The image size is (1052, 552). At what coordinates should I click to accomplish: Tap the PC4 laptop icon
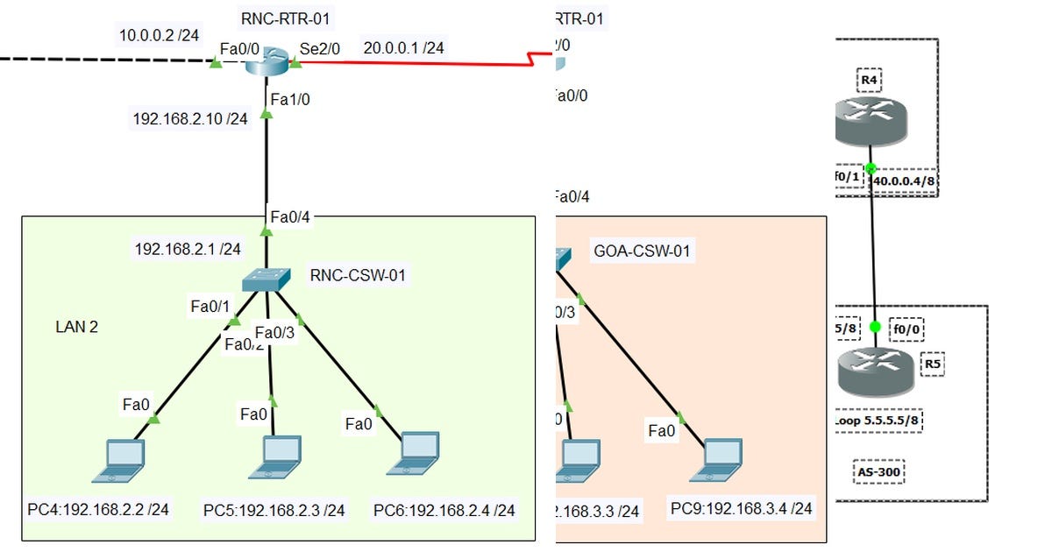(120, 461)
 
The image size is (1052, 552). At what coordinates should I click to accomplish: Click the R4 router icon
(870, 121)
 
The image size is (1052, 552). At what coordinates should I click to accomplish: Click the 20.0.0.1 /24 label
(403, 48)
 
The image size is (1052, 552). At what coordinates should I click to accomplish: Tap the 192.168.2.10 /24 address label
(189, 117)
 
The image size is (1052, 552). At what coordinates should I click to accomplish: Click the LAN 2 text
(77, 327)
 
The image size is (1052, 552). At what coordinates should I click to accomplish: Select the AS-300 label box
(878, 473)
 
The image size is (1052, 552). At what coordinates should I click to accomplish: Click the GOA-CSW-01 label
(642, 251)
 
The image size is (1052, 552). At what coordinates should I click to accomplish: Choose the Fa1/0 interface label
(289, 100)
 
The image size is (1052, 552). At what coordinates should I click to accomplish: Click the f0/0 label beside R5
(907, 330)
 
